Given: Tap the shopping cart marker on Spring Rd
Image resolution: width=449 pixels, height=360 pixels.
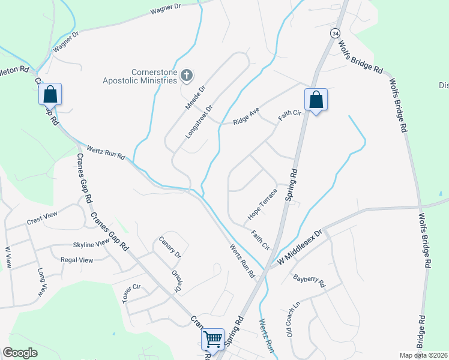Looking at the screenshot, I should coord(213,340).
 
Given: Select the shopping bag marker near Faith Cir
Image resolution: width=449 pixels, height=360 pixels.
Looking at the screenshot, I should coord(316,100).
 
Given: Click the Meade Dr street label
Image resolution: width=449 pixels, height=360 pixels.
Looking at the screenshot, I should coord(195,96).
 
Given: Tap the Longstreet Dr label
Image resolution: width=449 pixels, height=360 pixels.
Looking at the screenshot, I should coord(200,122).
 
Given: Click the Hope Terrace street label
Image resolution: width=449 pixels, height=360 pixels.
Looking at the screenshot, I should coord(262,203).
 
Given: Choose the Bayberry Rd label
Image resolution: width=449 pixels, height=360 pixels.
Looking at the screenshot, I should coord(309,280).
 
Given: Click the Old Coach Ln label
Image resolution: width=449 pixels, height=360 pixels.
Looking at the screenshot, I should coord(292,317).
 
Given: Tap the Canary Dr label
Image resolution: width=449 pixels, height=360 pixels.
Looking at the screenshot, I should coord(170,247).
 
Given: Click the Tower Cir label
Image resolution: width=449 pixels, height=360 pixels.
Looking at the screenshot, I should coord(135,293).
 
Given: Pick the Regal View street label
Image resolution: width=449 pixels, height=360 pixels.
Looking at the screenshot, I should coord(77,260).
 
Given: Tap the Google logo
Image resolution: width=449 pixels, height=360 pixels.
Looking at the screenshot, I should coord(20,353).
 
